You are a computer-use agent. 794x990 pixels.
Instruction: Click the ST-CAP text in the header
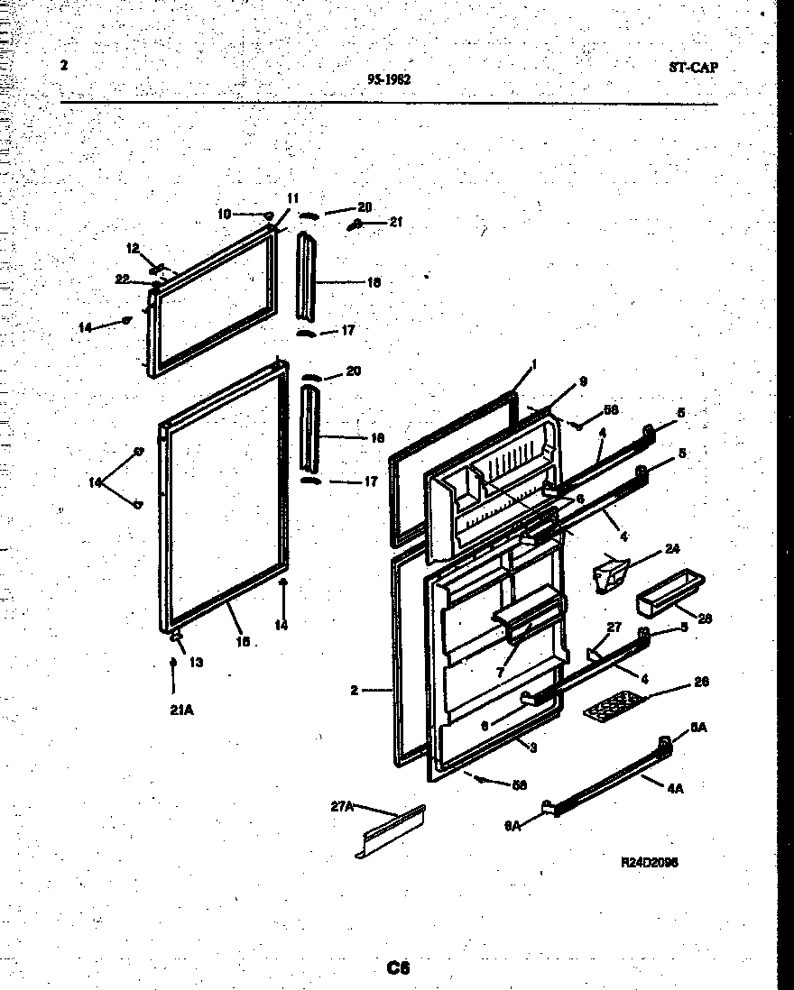click(694, 67)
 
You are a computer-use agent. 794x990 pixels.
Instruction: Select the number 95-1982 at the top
click(390, 79)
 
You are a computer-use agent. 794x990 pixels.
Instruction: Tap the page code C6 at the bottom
click(398, 968)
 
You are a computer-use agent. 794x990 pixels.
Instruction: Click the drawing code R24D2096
click(650, 862)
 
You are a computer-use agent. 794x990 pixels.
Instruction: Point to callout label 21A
click(181, 710)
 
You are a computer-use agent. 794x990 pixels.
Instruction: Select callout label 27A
click(342, 806)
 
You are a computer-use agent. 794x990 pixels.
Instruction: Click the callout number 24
click(671, 548)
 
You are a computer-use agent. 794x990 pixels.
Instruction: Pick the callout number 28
click(705, 619)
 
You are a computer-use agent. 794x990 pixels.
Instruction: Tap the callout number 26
click(701, 682)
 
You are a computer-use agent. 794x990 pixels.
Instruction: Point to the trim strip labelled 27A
click(392, 831)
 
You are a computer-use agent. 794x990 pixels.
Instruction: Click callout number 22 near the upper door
click(124, 279)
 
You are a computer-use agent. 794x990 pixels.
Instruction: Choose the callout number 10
click(224, 214)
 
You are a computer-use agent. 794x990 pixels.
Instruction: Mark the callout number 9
click(583, 381)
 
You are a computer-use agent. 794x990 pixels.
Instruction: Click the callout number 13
click(196, 662)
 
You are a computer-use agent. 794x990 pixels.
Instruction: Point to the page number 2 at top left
click(64, 65)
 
